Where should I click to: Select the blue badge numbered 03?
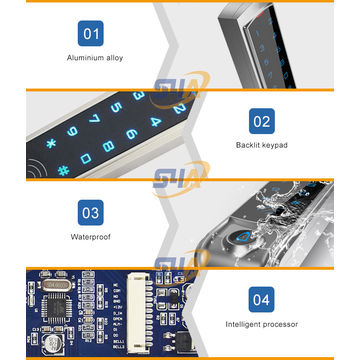click(91, 213)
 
